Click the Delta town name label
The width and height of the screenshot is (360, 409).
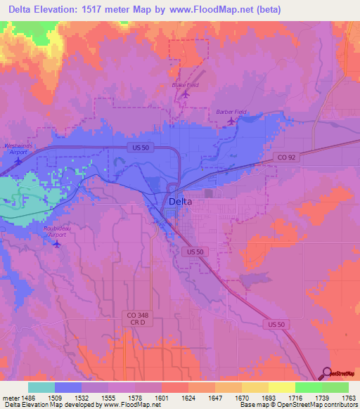(x=181, y=202)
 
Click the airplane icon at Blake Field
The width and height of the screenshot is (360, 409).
(x=186, y=93)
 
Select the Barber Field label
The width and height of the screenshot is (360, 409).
(x=231, y=112)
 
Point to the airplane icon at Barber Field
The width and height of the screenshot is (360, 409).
(x=232, y=122)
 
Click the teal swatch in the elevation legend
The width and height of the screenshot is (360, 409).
(x=41, y=387)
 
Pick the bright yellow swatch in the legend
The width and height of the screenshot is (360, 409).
(x=281, y=387)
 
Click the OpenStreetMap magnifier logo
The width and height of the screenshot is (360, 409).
(x=327, y=374)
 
